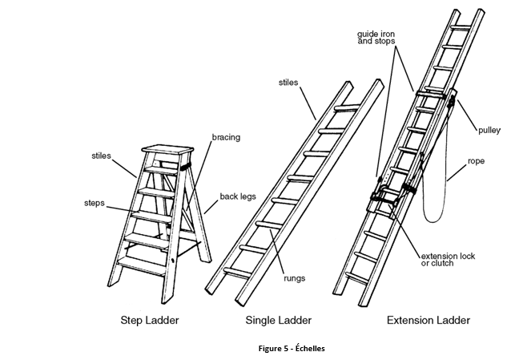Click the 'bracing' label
(225, 137)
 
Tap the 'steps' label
(95, 202)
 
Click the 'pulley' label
(489, 128)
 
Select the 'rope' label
(477, 161)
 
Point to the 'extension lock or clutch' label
(449, 260)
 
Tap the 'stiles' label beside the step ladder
(101, 156)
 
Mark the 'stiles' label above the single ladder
(289, 82)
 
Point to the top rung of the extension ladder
(461, 27)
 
